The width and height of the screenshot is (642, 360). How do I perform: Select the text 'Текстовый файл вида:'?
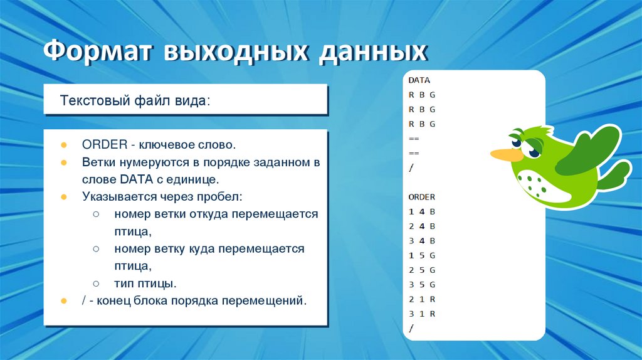point(135,101)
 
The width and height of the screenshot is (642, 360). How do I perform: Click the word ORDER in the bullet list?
point(104,145)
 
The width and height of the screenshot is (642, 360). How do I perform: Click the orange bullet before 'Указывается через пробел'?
point(64,197)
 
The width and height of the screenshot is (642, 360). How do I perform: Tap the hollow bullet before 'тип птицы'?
point(96,283)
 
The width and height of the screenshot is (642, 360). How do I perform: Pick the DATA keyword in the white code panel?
point(419,80)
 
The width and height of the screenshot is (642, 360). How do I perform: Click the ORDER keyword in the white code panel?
point(421,197)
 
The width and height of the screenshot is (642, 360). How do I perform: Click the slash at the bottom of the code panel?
point(411,328)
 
